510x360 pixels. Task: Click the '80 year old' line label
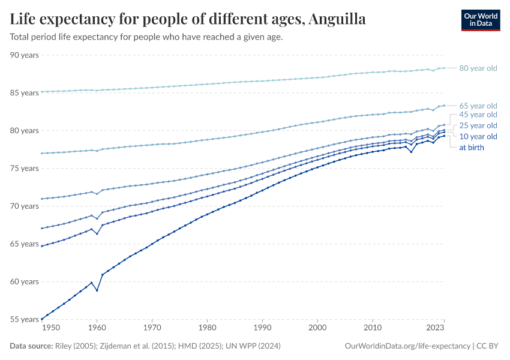[x=478, y=68]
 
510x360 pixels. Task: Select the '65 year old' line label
[x=478, y=106]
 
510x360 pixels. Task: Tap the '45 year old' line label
[x=478, y=115]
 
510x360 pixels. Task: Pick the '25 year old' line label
[x=478, y=125]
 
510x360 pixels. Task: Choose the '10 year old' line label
[x=478, y=137]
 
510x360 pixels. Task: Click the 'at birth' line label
[x=472, y=147]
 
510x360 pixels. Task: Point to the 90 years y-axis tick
[x=25, y=55]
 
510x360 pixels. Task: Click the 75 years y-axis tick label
[x=25, y=169]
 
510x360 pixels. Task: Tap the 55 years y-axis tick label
[x=25, y=320]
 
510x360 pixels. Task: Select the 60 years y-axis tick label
[x=25, y=282]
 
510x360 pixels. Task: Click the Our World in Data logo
[x=480, y=20]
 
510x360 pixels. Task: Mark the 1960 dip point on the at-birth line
[x=97, y=290]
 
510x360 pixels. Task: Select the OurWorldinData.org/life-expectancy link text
[x=408, y=346]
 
